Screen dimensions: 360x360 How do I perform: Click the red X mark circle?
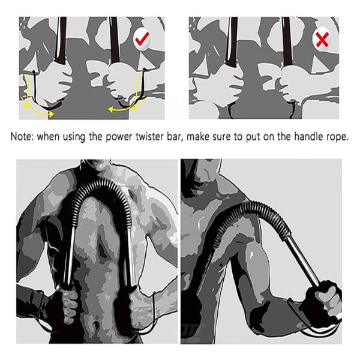click(x=322, y=40)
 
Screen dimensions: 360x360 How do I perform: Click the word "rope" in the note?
click(x=335, y=137)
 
